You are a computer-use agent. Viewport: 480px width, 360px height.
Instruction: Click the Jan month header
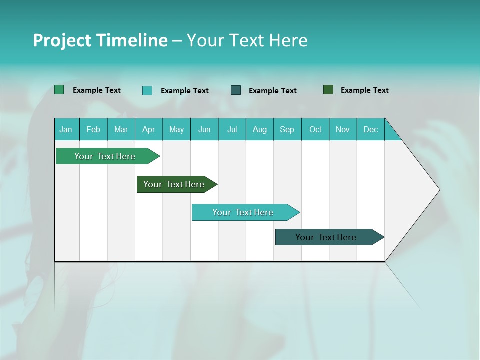click(x=66, y=129)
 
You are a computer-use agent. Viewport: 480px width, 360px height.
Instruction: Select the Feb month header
click(x=93, y=129)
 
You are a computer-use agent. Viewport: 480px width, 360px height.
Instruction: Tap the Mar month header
click(x=121, y=129)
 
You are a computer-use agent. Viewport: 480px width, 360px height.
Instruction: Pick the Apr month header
click(x=149, y=129)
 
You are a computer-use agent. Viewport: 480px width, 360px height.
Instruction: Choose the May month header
click(x=176, y=129)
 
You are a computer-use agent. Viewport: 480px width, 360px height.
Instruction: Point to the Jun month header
click(x=204, y=129)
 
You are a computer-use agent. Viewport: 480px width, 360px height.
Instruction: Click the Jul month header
click(x=232, y=129)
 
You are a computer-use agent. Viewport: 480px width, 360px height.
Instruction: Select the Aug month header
click(x=260, y=129)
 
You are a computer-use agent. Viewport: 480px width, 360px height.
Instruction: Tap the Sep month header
click(x=287, y=129)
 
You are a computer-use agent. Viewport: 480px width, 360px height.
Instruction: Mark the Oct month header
click(x=315, y=129)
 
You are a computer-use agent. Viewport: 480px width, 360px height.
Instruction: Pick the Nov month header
click(x=343, y=129)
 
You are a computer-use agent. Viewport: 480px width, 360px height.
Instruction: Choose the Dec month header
click(x=371, y=129)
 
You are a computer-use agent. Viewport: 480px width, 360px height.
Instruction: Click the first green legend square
click(x=59, y=90)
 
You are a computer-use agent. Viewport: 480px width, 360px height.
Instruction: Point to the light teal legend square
click(x=147, y=90)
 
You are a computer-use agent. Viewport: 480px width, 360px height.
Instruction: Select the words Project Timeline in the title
click(x=100, y=40)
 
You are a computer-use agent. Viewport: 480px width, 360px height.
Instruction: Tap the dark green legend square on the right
click(x=328, y=90)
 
